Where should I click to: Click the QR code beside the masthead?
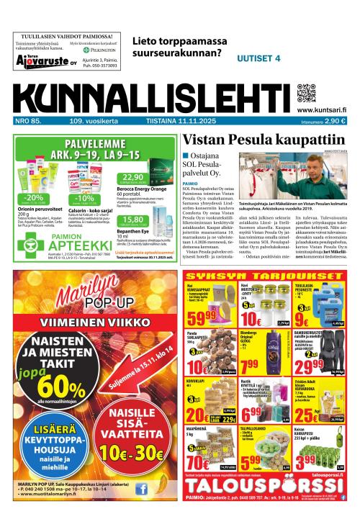307,94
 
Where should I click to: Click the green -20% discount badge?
33,197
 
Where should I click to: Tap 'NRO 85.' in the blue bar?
28,120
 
